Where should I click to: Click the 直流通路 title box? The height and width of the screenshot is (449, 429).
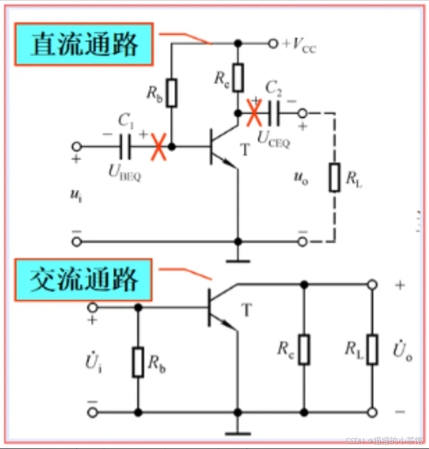coord(84,44)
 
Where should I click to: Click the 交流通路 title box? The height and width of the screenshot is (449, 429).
coord(84,280)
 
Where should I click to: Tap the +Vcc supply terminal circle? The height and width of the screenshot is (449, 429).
coord(272,44)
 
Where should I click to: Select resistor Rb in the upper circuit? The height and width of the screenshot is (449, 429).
coord(172,93)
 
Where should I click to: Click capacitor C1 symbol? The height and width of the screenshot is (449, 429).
coord(125,147)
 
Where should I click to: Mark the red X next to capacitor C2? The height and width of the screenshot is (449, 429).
coord(254,113)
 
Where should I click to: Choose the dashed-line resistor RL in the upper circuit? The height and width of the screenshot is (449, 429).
coord(335,177)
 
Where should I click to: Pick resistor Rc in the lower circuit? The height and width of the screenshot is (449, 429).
coord(304,349)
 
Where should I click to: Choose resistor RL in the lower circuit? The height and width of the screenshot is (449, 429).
coord(372,349)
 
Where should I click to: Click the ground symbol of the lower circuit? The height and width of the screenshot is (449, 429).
coord(239,431)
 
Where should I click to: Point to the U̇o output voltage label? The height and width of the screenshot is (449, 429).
coord(402,351)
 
